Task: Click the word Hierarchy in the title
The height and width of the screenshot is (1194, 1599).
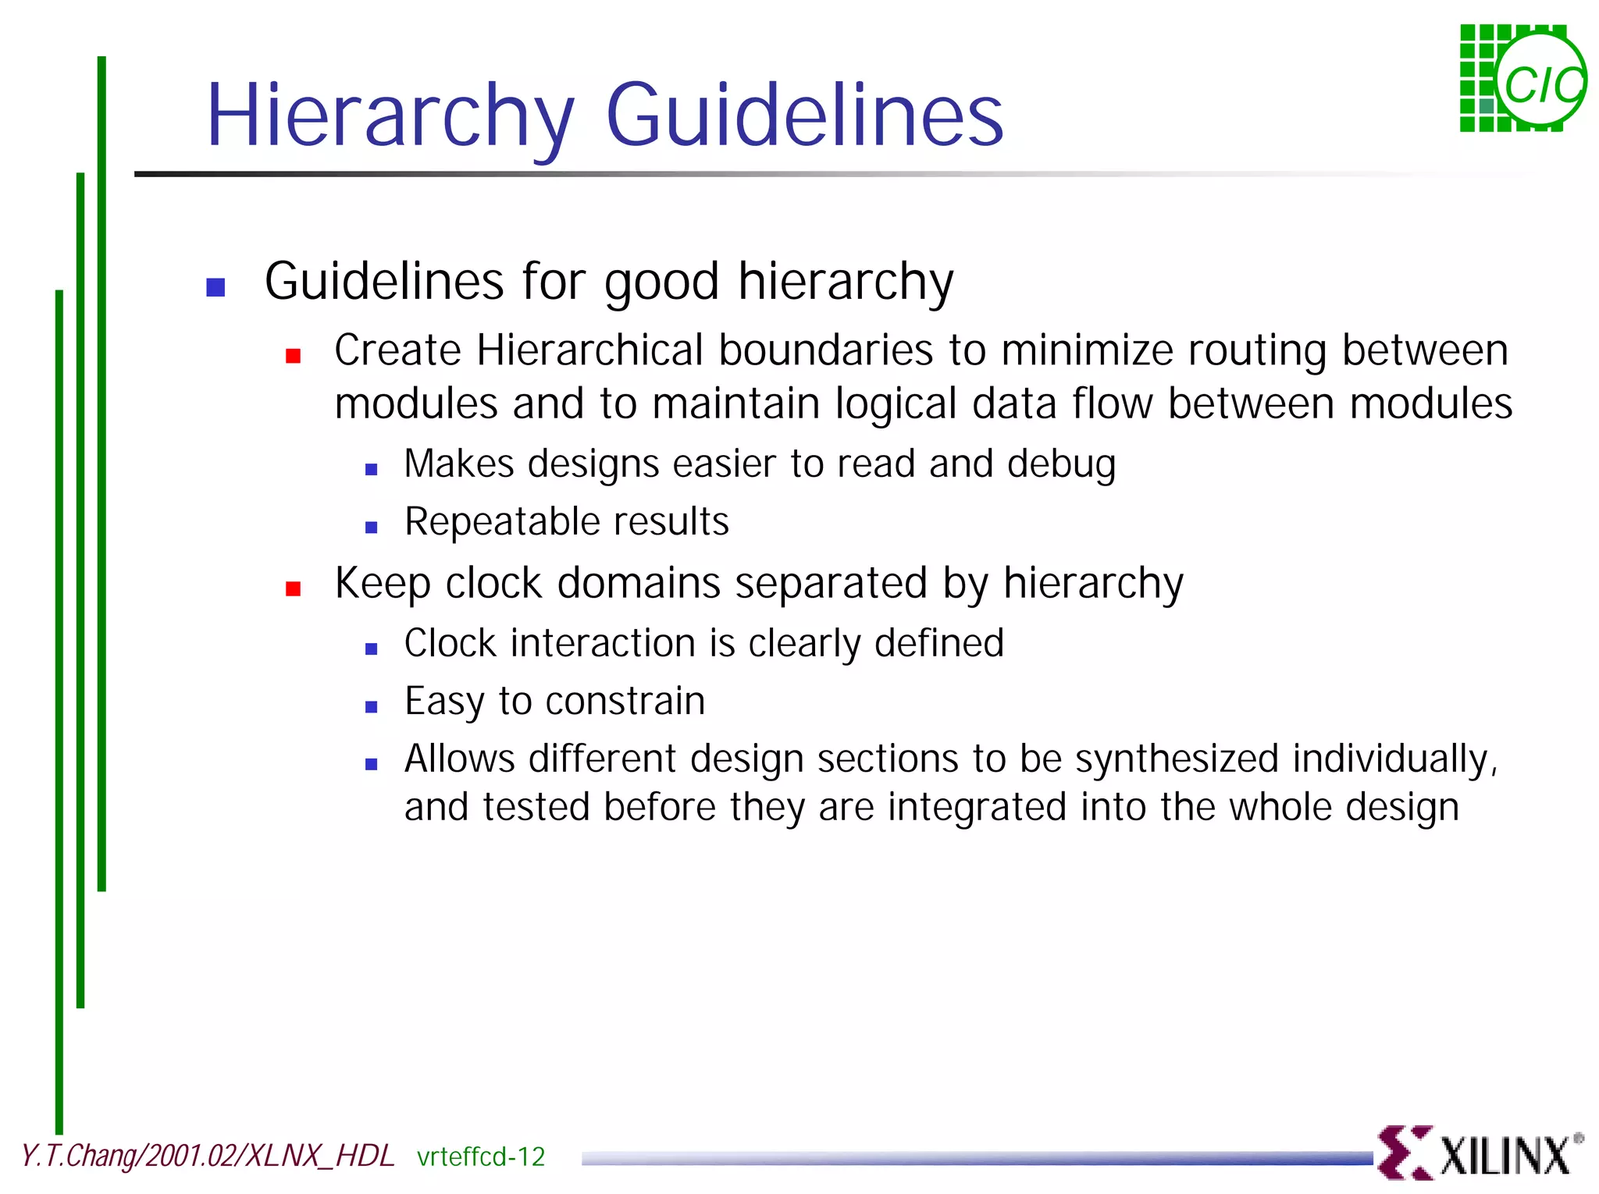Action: [390, 117]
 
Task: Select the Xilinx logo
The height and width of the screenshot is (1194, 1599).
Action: [1480, 1153]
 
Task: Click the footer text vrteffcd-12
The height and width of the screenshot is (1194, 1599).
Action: [481, 1157]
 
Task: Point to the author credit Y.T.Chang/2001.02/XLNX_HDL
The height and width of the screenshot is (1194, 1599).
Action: [208, 1156]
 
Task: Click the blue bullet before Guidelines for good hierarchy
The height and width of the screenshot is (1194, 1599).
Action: [215, 287]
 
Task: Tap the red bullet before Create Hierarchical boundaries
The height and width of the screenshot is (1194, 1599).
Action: [294, 357]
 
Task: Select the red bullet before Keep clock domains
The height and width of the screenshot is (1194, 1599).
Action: [294, 589]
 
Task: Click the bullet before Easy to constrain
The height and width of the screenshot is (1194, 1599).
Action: [372, 707]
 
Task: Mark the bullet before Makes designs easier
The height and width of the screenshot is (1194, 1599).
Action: [372, 470]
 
